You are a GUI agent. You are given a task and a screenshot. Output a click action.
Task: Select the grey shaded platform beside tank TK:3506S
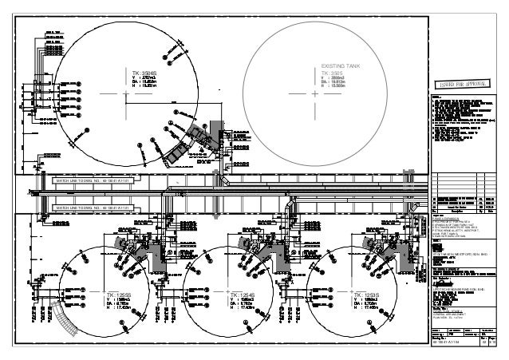click(192, 146)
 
